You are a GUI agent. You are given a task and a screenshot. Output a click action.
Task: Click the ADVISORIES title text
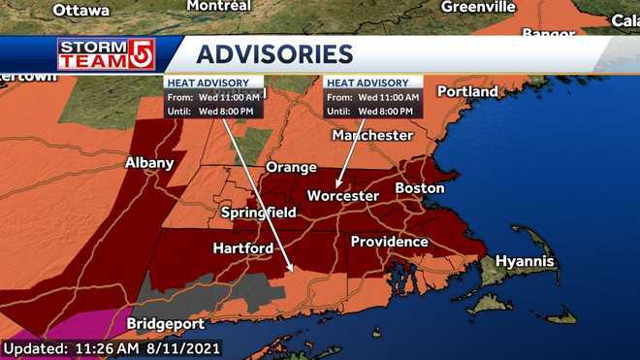[274, 52]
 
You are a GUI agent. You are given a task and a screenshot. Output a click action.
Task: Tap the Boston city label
[419, 187]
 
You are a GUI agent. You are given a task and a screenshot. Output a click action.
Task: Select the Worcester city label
[342, 196]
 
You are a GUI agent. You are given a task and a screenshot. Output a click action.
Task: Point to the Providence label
[389, 241]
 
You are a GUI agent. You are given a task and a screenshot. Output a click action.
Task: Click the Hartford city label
[242, 249]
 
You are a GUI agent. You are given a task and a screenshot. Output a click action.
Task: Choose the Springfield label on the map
[259, 212]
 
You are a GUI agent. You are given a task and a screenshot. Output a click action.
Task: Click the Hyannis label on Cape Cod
[525, 261]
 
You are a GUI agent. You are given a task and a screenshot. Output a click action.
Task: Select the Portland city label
[467, 91]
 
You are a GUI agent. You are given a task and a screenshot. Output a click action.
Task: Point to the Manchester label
[372, 135]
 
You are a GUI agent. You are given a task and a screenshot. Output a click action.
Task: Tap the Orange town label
[291, 167]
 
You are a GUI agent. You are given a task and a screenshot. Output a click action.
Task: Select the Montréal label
[218, 6]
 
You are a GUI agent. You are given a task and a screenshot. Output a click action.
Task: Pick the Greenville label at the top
[478, 7]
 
